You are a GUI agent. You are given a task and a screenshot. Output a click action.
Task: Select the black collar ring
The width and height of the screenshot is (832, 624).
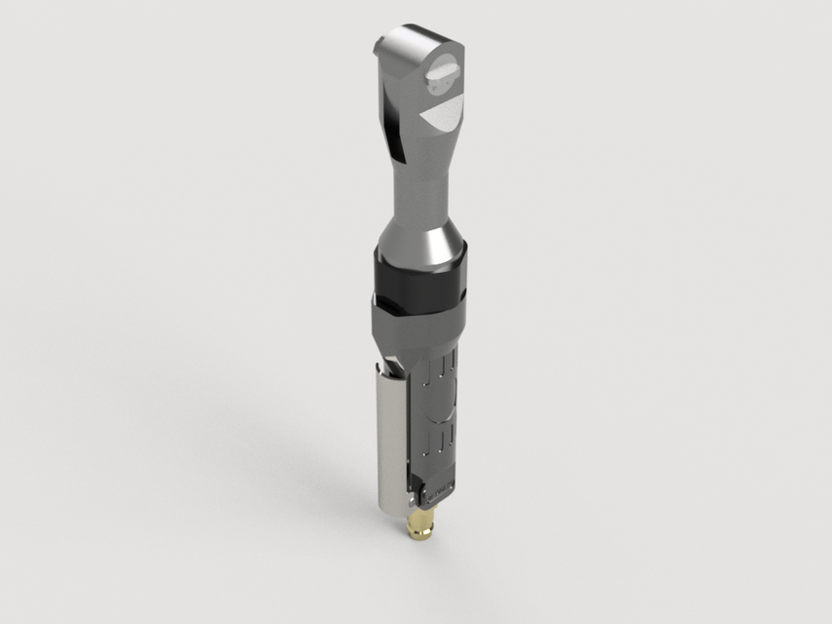tap(421, 279)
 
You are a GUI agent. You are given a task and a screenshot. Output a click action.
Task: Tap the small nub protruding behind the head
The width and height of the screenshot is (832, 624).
tap(379, 47)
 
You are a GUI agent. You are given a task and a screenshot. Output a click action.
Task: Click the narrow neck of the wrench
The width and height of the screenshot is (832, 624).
tap(419, 185)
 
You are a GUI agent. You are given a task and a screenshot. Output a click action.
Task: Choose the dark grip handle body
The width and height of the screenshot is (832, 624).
tap(434, 409)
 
